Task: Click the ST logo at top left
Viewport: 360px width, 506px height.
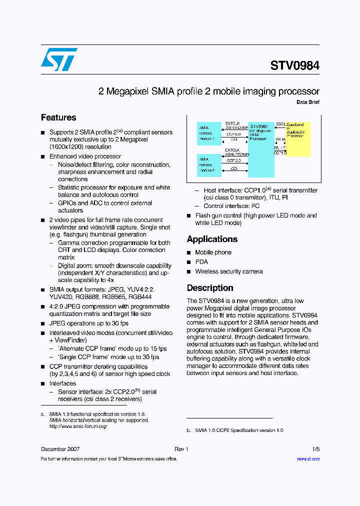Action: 59,59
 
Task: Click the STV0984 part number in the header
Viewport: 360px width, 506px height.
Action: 294,66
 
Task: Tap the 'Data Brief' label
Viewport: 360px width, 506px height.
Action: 307,102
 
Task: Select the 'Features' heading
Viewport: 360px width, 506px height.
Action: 58,117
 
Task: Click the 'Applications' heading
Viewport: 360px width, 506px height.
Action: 212,239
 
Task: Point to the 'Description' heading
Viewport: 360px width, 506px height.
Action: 210,288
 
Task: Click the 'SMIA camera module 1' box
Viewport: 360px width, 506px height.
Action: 209,133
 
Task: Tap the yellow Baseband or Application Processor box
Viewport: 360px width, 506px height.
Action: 298,138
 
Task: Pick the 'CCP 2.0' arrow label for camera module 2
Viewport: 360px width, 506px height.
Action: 233,160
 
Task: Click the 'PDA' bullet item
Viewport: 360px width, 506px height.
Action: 201,262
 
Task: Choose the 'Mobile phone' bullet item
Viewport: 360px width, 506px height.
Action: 213,252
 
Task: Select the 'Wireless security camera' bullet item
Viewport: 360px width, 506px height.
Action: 228,271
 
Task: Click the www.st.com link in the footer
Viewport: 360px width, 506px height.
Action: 308,459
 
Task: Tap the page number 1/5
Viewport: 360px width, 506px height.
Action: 315,449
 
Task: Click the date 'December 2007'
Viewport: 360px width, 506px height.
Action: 60,449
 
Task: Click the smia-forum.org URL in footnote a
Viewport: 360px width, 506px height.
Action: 78,426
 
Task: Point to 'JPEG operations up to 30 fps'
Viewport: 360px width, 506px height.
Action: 88,323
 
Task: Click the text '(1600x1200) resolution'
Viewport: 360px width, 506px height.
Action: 80,147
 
